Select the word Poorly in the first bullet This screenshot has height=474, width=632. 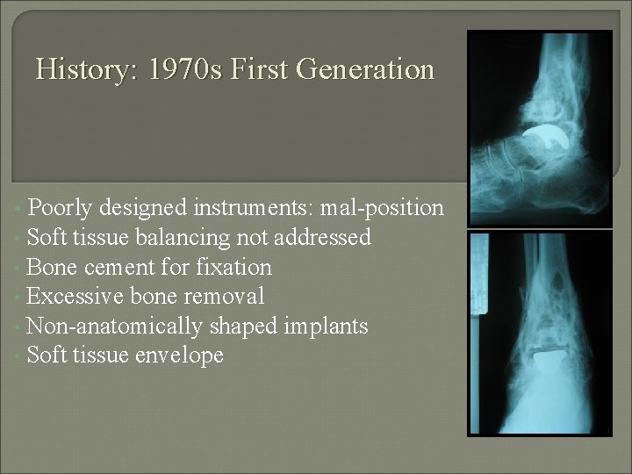point(61,208)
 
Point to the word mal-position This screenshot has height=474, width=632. point(385,208)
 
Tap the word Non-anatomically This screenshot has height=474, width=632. point(114,327)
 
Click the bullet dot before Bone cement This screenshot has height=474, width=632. point(18,268)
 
